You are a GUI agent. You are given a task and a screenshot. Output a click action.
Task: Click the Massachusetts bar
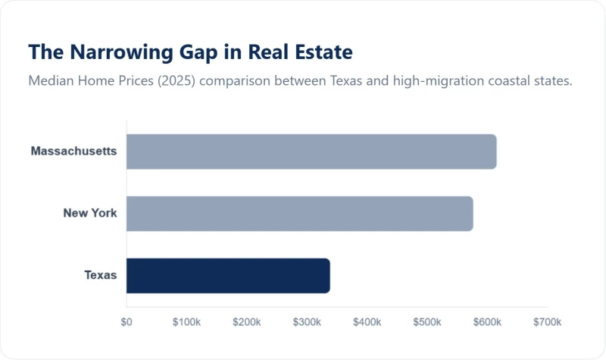pyautogui.click(x=311, y=152)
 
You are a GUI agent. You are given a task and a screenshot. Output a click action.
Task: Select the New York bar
pyautogui.click(x=299, y=214)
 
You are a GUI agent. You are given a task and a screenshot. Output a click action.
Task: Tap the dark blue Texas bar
pyautogui.click(x=228, y=276)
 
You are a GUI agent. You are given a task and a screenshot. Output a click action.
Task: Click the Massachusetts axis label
pyautogui.click(x=73, y=151)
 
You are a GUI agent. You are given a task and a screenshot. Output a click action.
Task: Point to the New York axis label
pyautogui.click(x=90, y=213)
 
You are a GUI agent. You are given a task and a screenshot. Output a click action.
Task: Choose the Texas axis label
pyautogui.click(x=101, y=275)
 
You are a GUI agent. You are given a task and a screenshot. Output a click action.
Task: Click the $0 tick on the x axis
pyautogui.click(x=127, y=322)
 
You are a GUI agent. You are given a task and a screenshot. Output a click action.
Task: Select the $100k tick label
pyautogui.click(x=186, y=322)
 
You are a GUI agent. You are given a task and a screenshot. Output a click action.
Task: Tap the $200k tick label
pyautogui.click(x=246, y=322)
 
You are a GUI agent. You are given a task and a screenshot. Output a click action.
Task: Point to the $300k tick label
pyautogui.click(x=307, y=322)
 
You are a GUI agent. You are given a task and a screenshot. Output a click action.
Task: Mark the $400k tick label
pyautogui.click(x=367, y=322)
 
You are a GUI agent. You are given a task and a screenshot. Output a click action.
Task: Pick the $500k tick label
pyautogui.click(x=426, y=322)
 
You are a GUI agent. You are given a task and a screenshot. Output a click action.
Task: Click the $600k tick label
pyautogui.click(x=486, y=322)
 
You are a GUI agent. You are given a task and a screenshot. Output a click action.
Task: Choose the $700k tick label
pyautogui.click(x=546, y=322)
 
